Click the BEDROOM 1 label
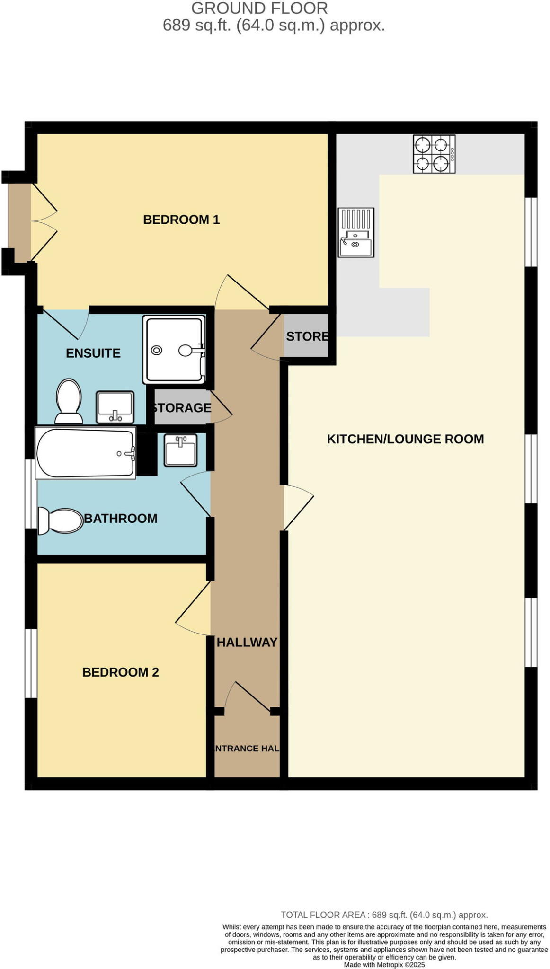pos(181,220)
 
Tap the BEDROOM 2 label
pos(120,672)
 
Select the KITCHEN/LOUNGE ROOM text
pos(405,439)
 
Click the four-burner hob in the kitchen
pos(434,154)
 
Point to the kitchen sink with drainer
pos(355,232)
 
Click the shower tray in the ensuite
pos(174,350)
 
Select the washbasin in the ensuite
pos(115,406)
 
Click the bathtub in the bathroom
pos(85,453)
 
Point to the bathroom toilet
pos(60,521)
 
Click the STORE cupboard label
pos(307,336)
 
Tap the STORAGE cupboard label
pos(181,407)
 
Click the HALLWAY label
pos(247,642)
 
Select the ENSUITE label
pos(93,353)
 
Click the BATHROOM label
pos(121,518)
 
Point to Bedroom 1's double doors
pos(44,221)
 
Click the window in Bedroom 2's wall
pos(31,663)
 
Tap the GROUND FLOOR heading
pos(259,8)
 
